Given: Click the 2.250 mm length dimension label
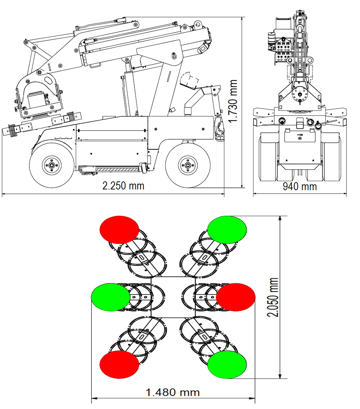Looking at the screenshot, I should click(123, 186).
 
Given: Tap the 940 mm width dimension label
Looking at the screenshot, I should click(299, 186).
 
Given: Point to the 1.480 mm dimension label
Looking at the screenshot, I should click(173, 392).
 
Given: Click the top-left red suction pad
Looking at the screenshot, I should click(119, 229).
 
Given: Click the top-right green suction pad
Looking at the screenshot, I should click(227, 229).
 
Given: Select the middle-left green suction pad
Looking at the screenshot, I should click(111, 297).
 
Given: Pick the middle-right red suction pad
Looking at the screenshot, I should click(236, 297).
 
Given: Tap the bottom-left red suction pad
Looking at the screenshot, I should click(119, 364).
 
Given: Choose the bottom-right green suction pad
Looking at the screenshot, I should click(227, 364).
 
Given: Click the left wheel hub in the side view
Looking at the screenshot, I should click(51, 165).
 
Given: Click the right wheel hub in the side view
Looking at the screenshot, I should click(187, 164).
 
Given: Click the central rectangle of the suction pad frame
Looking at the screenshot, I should click(173, 297).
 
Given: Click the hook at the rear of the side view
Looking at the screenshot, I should click(219, 129).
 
